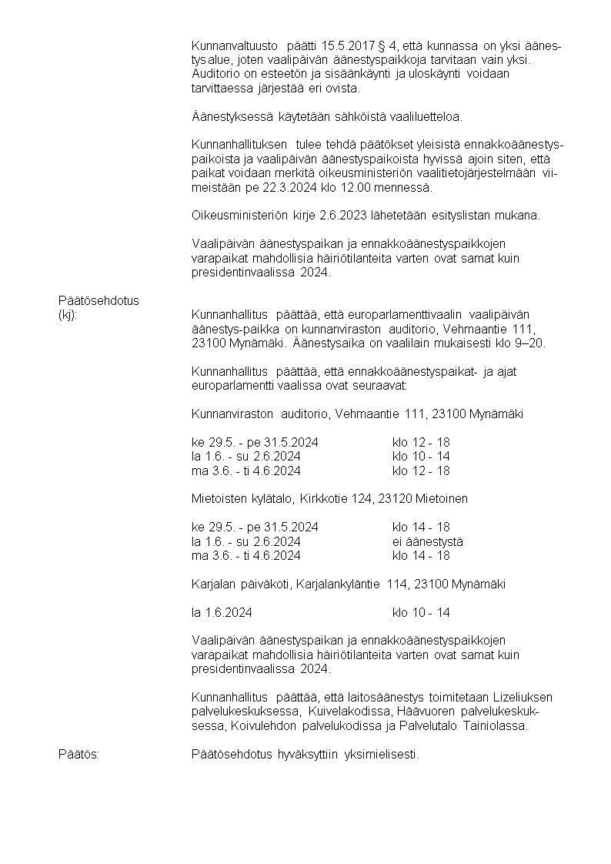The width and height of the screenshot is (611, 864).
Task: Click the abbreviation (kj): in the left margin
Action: click(x=69, y=314)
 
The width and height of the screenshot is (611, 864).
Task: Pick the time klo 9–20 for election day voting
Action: click(x=522, y=343)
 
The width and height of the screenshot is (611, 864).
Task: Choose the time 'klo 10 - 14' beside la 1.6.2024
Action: click(x=421, y=612)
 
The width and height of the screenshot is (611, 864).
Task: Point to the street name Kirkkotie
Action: click(x=321, y=499)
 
